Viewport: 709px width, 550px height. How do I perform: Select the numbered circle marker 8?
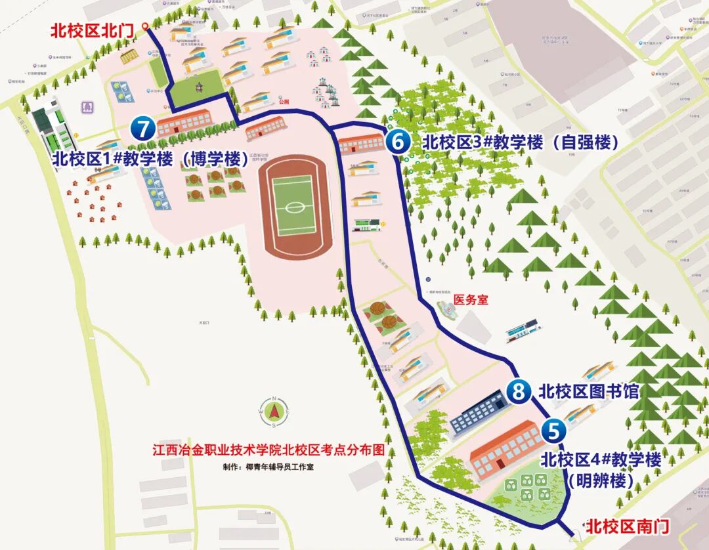519,392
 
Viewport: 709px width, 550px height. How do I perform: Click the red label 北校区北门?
92,31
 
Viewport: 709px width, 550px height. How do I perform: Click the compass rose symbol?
276,412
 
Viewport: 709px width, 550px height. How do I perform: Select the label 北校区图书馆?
588,392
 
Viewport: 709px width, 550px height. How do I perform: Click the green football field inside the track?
293,207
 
